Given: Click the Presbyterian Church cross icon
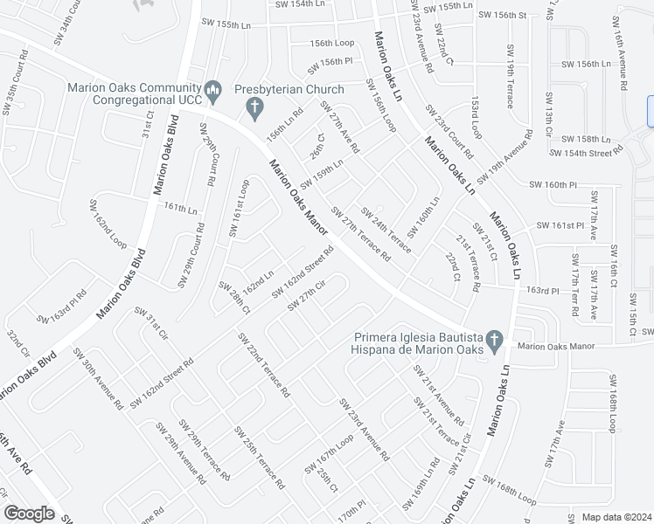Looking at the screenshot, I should [254, 109].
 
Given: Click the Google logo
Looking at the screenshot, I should [29, 513].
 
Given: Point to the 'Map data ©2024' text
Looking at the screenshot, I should [616, 517].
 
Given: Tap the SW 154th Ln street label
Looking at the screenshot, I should [299, 4].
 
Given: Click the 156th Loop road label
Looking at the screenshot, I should [332, 43].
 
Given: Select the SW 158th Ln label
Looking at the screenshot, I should [586, 139].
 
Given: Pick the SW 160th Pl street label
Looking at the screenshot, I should [554, 184].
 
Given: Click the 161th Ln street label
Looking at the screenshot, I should [180, 210].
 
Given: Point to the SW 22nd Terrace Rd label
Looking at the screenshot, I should [262, 365].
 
